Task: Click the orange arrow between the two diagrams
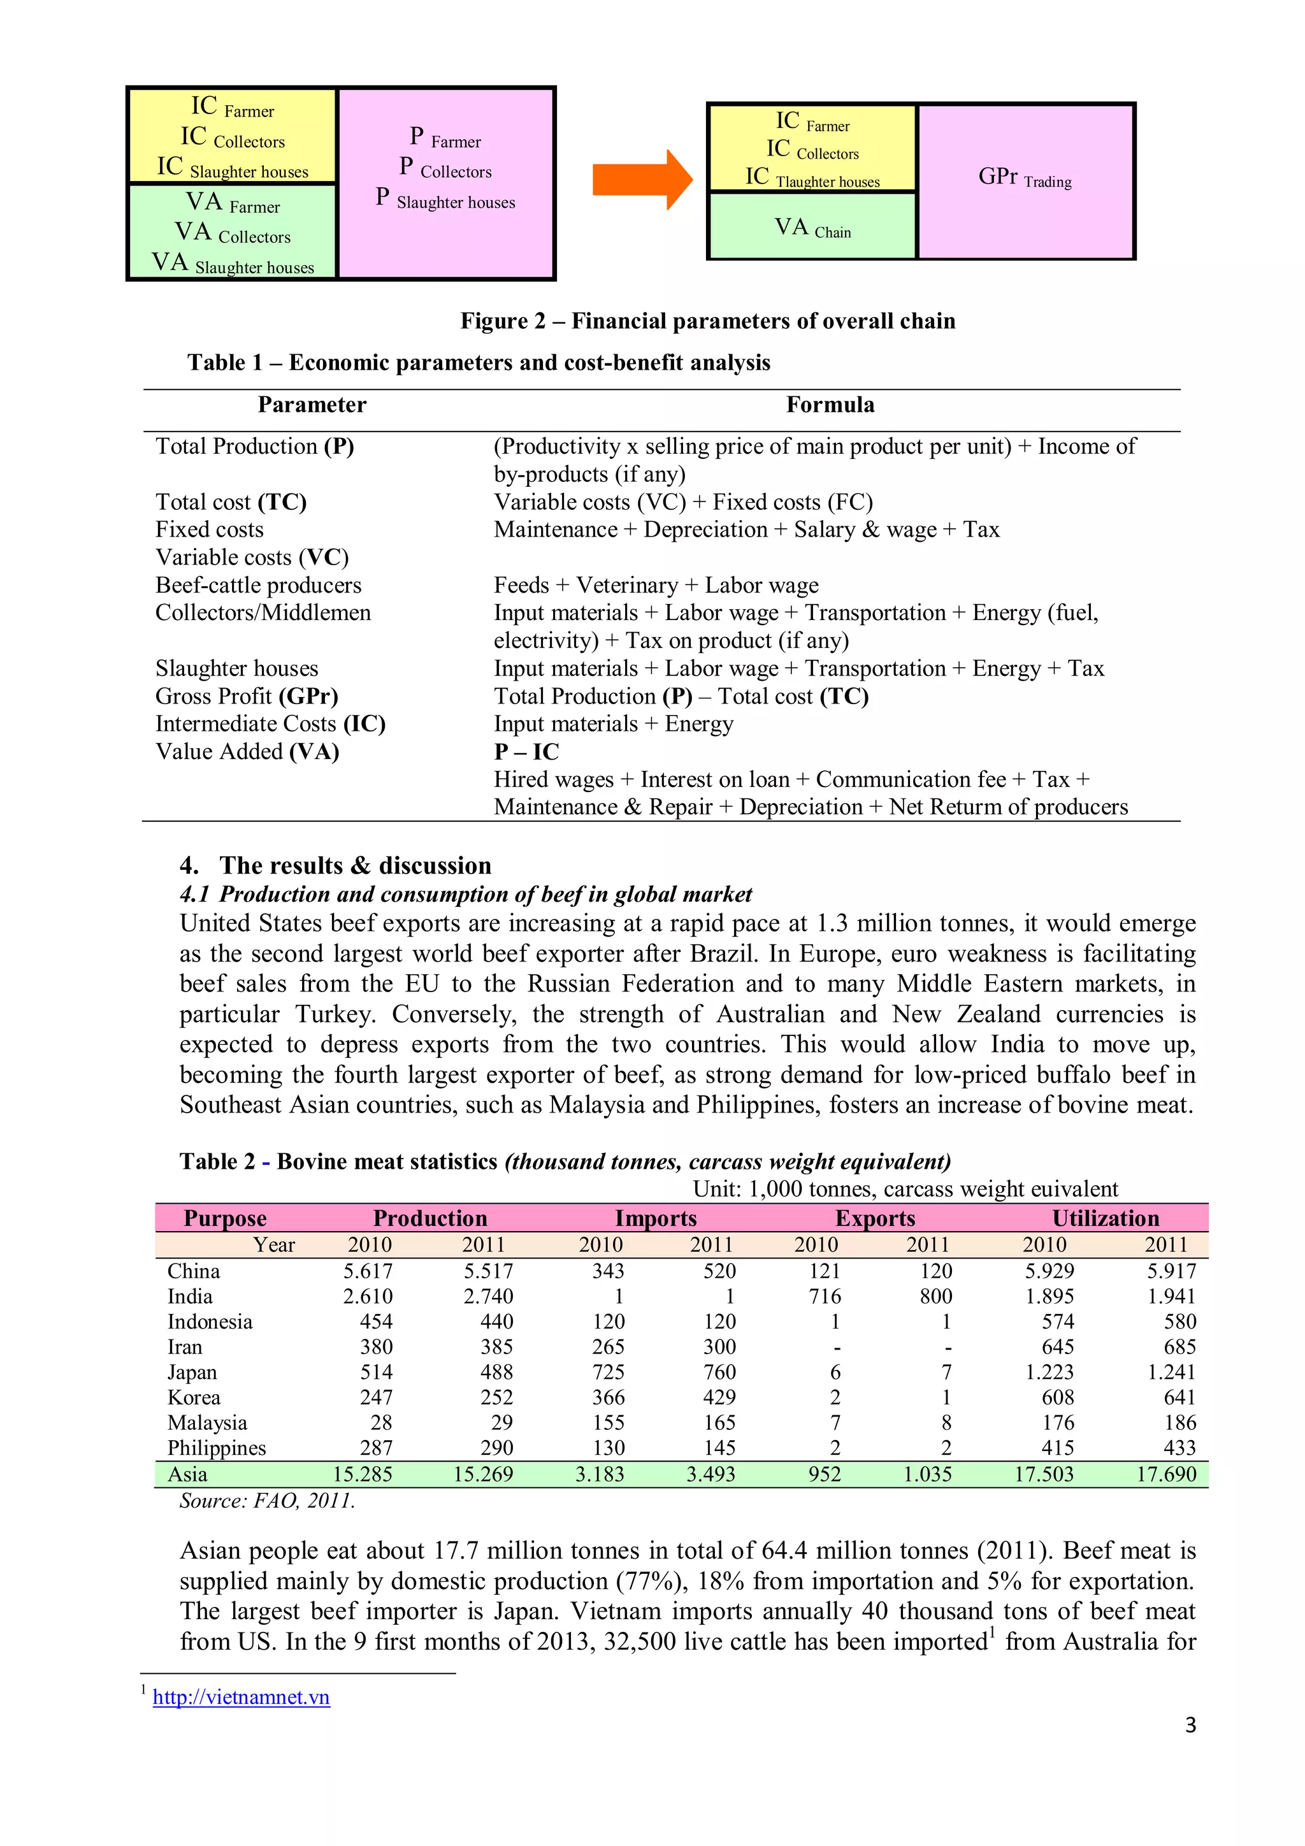pyautogui.click(x=641, y=180)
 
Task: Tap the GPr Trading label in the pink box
pyautogui.click(x=1025, y=178)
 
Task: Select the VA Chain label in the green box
pyautogui.click(x=812, y=228)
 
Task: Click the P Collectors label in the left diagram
pyautogui.click(x=445, y=168)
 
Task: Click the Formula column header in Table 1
pyautogui.click(x=830, y=405)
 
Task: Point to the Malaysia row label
pyautogui.click(x=208, y=1422)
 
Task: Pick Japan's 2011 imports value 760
pyautogui.click(x=719, y=1372)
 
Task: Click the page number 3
pyautogui.click(x=1190, y=1724)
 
